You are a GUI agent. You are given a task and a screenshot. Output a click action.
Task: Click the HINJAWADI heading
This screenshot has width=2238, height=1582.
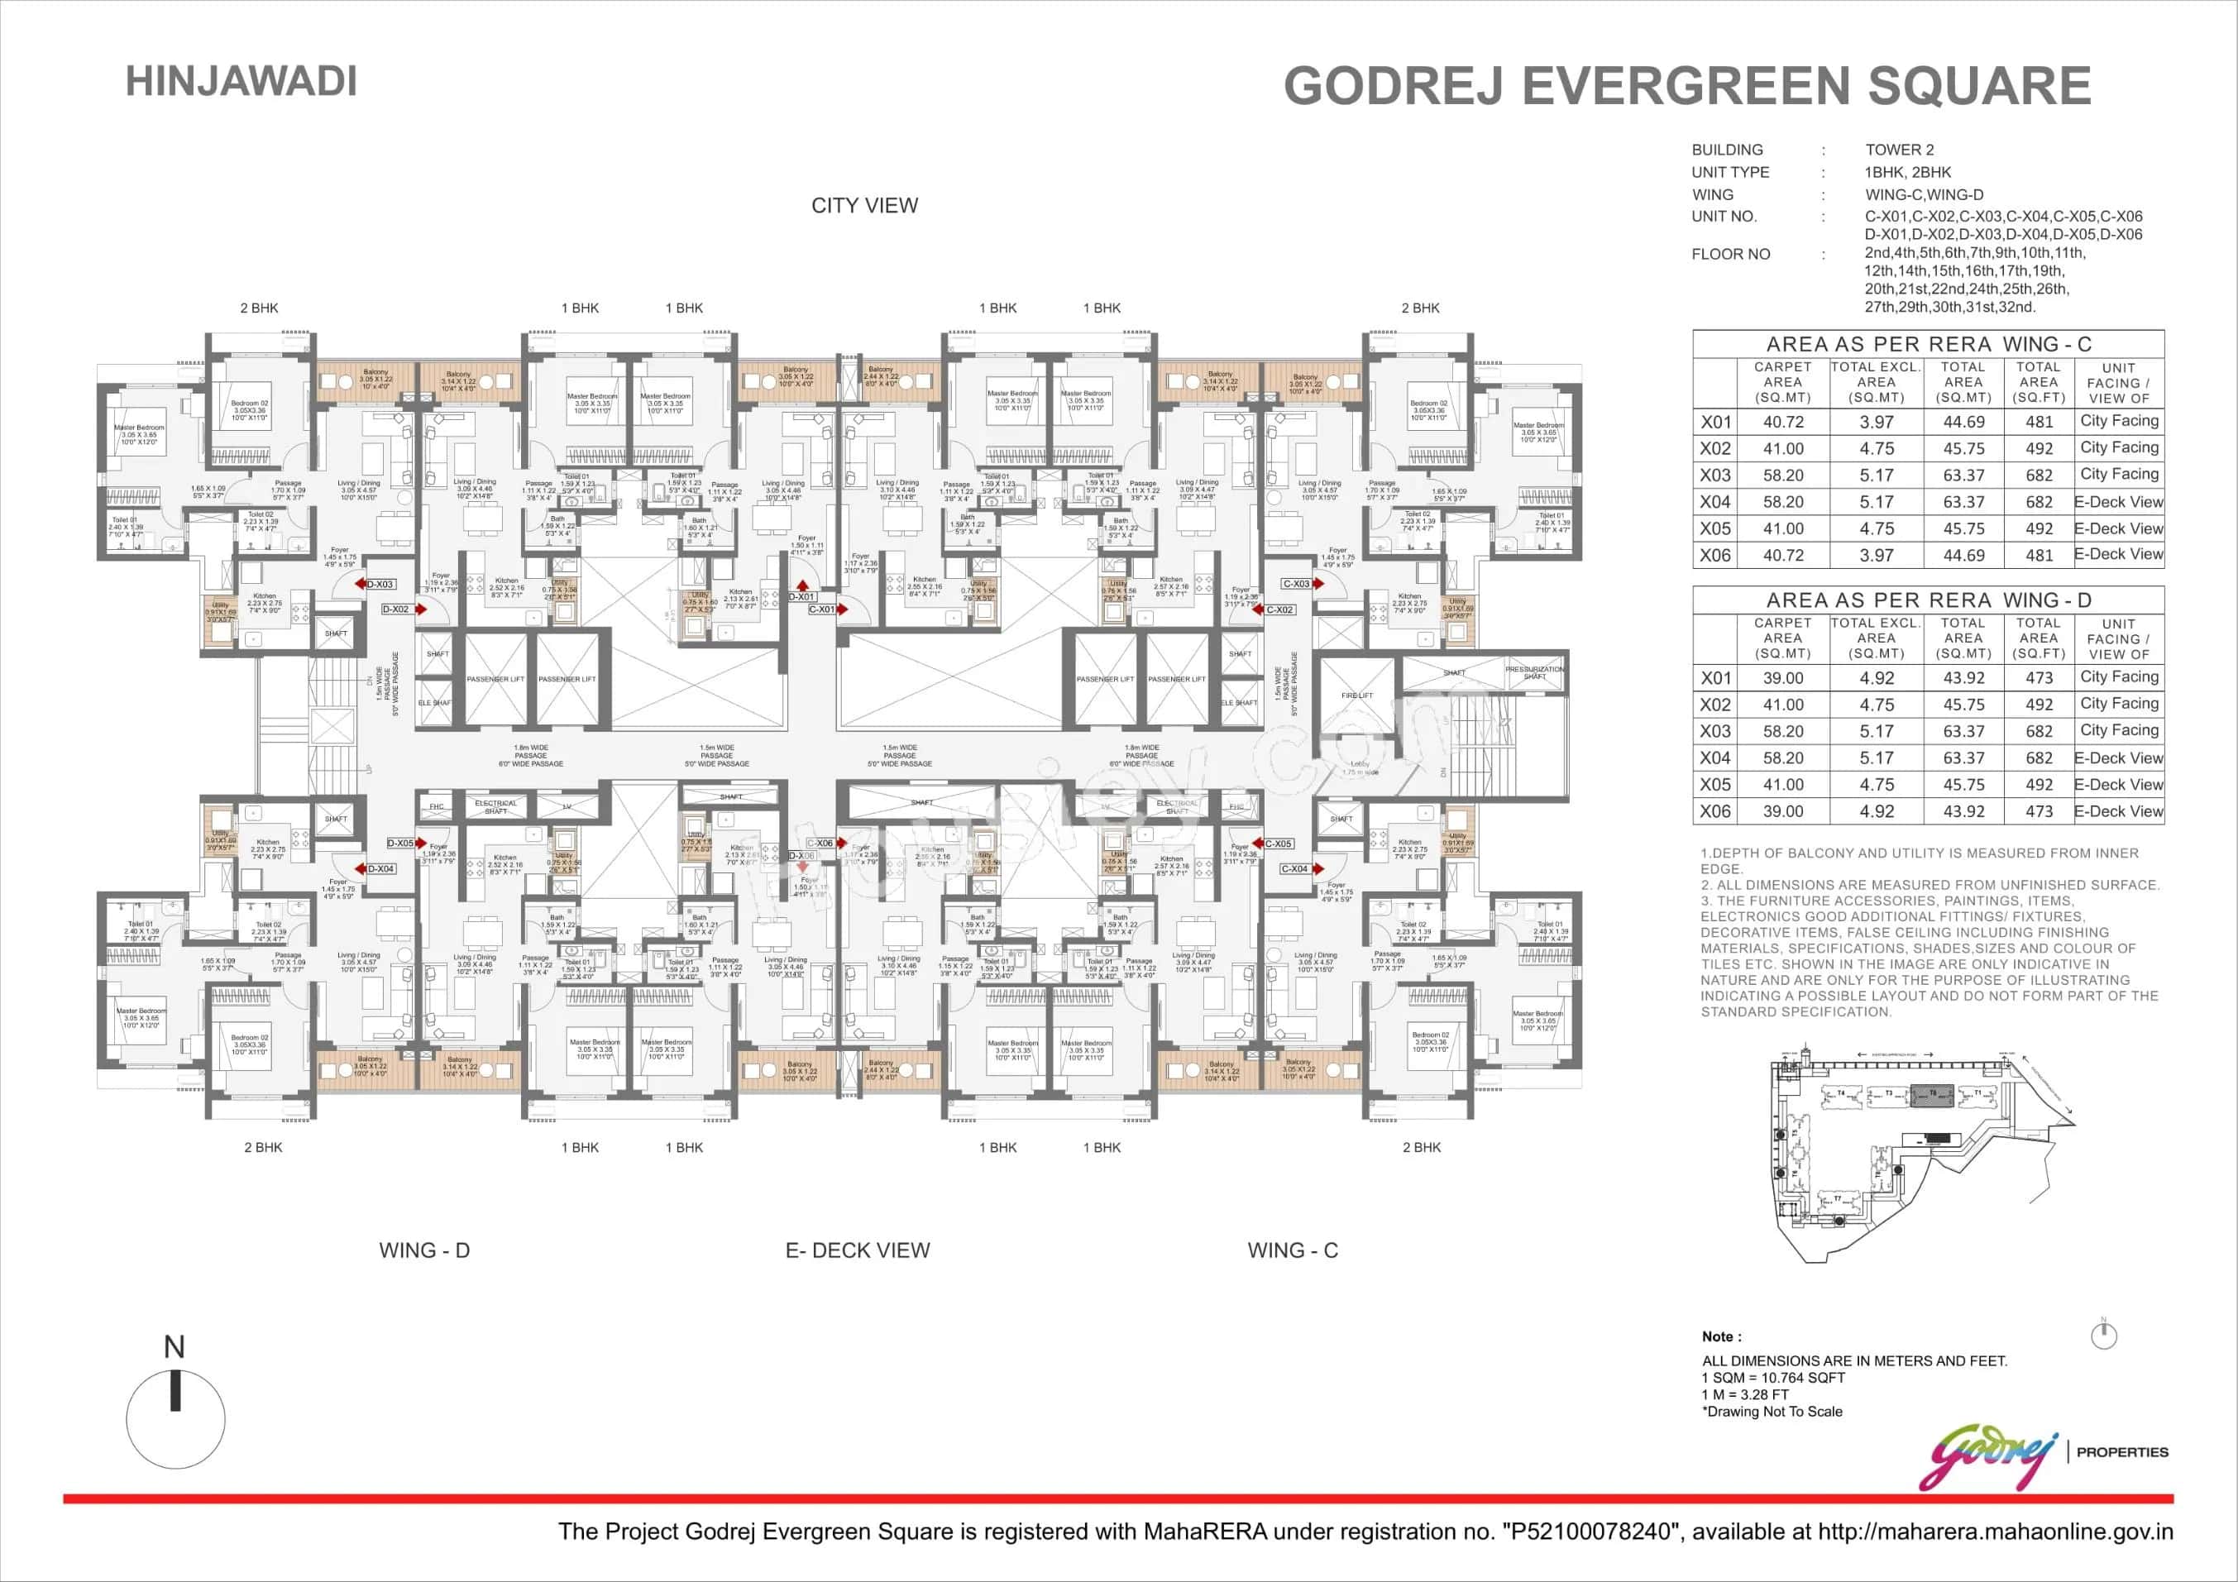pyautogui.click(x=241, y=81)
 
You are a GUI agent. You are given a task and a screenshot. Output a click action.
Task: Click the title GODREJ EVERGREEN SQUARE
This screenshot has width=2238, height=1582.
pyautogui.click(x=1686, y=86)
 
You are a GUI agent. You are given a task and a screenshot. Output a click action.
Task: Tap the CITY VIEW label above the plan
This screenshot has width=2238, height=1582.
pyautogui.click(x=864, y=206)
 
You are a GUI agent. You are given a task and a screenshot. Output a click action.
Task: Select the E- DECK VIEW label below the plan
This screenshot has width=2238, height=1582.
pyautogui.click(x=858, y=1250)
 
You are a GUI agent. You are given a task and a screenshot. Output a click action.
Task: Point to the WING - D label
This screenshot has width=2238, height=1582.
pyautogui.click(x=424, y=1250)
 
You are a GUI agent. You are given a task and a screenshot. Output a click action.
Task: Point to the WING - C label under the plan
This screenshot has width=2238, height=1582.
pyautogui.click(x=1293, y=1250)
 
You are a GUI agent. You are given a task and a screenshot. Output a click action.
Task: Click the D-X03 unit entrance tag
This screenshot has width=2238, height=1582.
pyautogui.click(x=379, y=585)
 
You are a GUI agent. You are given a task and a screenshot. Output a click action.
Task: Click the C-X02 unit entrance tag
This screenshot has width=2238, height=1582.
pyautogui.click(x=1279, y=609)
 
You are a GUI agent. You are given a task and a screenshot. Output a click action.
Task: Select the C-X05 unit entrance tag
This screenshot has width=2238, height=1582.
pyautogui.click(x=1278, y=844)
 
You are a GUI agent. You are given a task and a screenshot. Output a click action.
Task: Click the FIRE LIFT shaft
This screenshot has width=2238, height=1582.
pyautogui.click(x=1357, y=695)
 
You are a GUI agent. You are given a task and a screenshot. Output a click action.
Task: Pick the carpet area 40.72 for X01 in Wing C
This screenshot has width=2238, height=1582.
pyautogui.click(x=1783, y=422)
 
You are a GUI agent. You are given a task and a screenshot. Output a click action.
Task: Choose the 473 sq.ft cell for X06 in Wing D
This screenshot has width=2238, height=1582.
pyautogui.click(x=2038, y=811)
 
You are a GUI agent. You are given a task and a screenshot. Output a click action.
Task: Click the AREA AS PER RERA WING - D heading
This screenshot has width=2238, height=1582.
pyautogui.click(x=1928, y=600)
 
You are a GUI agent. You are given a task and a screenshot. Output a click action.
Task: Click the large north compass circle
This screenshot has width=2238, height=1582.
pyautogui.click(x=175, y=1419)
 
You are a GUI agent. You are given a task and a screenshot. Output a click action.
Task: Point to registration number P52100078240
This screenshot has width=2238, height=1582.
pyautogui.click(x=1590, y=1532)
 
